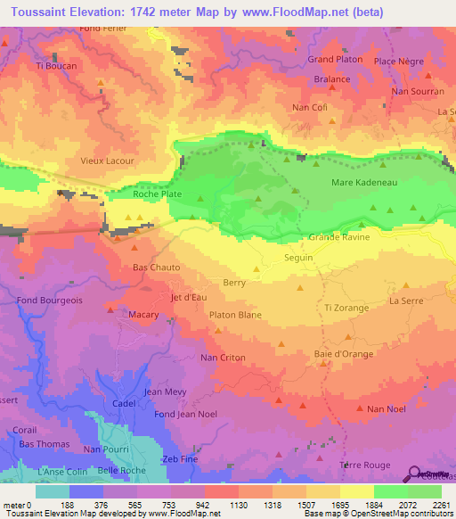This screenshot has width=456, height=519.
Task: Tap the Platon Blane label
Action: [234, 315]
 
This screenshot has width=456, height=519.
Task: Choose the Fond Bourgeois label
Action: [50, 301]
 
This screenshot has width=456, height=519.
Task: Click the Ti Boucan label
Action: [56, 66]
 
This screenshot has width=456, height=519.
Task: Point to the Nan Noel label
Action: [386, 409]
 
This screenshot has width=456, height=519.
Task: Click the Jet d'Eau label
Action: [189, 298]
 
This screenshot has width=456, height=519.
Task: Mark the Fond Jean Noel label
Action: [185, 415]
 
